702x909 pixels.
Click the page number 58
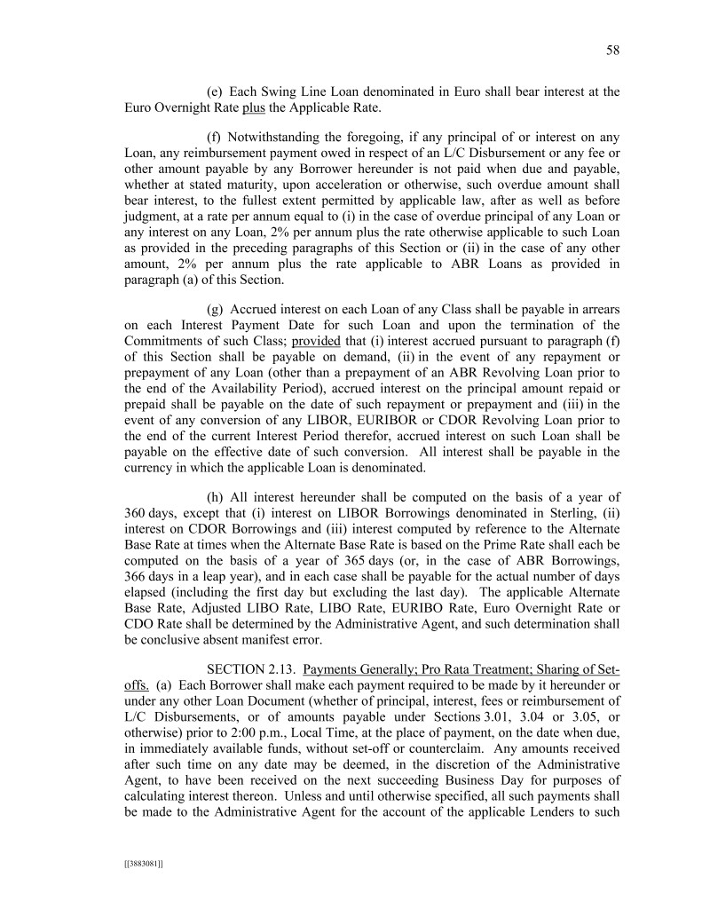[612, 51]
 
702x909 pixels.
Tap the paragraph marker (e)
[214, 91]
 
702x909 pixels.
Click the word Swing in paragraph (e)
[288, 91]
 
